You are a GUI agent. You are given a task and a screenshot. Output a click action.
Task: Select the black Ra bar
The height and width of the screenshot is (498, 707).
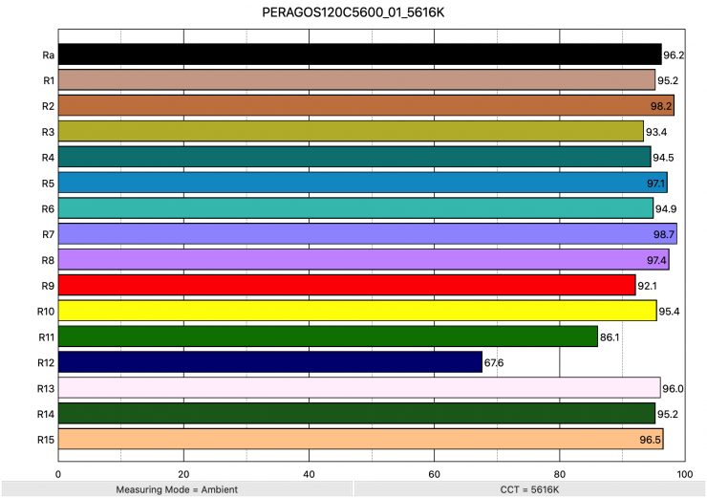359,54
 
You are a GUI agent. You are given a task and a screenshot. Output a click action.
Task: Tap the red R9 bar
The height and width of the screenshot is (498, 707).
347,285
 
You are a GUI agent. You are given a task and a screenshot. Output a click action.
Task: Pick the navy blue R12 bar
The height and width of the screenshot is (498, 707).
270,362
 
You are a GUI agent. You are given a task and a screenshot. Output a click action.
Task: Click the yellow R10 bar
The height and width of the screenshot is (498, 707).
357,311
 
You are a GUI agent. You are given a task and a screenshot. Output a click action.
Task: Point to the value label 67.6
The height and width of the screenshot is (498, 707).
495,363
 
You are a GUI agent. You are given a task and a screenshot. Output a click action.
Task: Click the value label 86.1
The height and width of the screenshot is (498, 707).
611,337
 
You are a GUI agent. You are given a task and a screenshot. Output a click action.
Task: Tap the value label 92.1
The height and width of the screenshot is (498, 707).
648,286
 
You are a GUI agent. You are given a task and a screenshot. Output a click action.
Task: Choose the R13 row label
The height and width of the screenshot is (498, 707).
45,388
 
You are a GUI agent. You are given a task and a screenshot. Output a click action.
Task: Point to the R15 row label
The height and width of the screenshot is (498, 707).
45,440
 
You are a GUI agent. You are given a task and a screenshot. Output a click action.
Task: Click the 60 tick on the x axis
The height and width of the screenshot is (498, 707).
434,473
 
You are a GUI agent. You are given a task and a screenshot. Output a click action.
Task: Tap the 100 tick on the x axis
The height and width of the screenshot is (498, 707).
684,473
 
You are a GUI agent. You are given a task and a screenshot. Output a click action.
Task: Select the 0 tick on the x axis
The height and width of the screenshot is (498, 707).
59,473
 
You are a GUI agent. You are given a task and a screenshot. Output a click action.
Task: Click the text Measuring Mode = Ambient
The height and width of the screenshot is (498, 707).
176,489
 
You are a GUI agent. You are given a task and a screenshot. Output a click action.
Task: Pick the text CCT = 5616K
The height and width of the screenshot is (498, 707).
528,489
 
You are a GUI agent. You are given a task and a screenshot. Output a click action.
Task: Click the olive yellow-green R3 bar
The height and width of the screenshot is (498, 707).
351,131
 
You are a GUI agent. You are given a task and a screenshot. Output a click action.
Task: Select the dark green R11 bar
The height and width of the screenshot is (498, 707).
328,336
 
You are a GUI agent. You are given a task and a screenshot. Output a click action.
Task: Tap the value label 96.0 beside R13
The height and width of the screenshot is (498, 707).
674,389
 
